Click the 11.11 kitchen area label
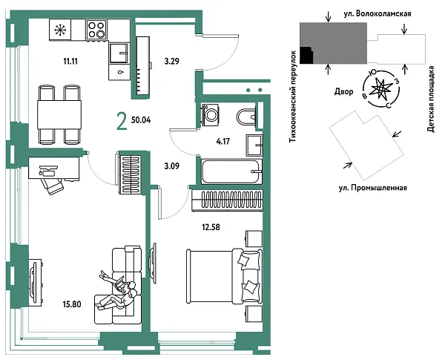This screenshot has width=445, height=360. click(x=70, y=61)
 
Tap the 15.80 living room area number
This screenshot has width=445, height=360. click(x=72, y=304)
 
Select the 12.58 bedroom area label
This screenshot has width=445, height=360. click(x=211, y=227)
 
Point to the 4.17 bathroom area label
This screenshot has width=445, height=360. click(x=222, y=141)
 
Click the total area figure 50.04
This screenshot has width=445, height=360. click(x=141, y=120)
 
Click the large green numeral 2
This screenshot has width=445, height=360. click(x=122, y=121)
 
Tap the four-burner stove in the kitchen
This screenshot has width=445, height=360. click(x=96, y=30)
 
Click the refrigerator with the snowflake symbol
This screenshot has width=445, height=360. click(x=60, y=30)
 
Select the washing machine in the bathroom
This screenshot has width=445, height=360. click(x=211, y=114)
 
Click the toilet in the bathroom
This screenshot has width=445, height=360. click(x=246, y=117)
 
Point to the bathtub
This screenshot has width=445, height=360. click(x=231, y=171)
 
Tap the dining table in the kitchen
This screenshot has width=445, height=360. click(x=59, y=114)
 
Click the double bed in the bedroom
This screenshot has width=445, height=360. click(x=224, y=276)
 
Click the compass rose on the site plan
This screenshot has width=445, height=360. click(x=381, y=89)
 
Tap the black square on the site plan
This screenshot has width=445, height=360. click(x=306, y=55)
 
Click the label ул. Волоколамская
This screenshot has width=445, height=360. click(x=378, y=13)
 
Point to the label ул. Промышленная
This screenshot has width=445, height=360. click(x=373, y=188)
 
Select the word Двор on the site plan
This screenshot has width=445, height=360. click(x=343, y=91)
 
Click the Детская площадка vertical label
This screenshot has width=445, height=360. click(x=431, y=99)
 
